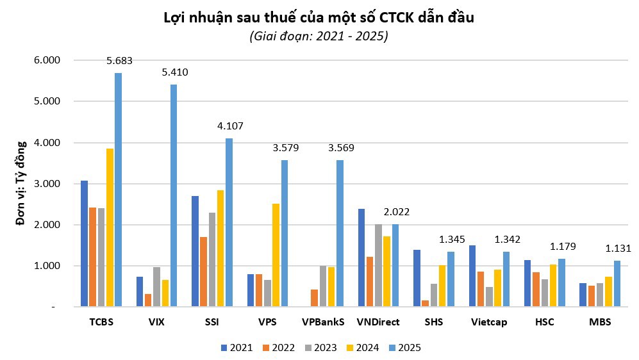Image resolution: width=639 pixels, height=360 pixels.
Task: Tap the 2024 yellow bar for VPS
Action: tap(275, 256)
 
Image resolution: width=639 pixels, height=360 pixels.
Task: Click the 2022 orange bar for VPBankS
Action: tap(314, 299)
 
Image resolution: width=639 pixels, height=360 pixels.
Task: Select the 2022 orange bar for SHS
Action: tap(426, 304)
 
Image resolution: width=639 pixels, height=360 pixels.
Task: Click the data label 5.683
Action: tap(120, 61)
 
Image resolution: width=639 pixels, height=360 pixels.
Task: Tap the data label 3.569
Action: tap(341, 148)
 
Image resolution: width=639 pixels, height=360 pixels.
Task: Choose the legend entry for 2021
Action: tap(236, 348)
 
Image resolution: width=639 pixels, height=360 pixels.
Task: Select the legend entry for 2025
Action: tap(404, 348)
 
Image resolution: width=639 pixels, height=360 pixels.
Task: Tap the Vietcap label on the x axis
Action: tap(488, 322)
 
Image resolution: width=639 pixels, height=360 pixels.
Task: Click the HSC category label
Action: tap(544, 322)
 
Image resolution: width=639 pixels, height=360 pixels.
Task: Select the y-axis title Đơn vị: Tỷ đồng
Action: tap(21, 183)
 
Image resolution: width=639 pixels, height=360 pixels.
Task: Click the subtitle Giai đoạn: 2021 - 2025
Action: tap(319, 37)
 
